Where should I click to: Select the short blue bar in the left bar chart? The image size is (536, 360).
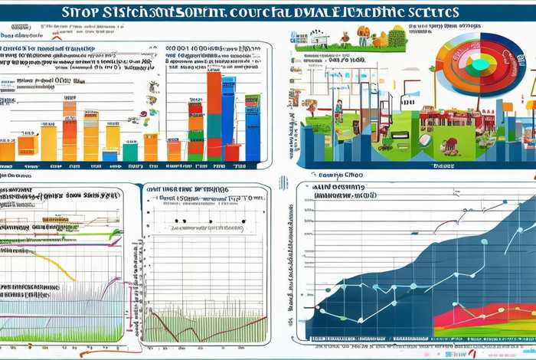(x=110, y=155)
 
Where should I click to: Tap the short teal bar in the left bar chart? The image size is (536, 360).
(x=130, y=152)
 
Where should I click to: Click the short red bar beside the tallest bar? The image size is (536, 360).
(x=232, y=151)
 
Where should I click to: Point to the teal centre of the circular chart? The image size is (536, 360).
(x=479, y=65)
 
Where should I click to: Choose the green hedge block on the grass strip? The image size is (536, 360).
(x=397, y=36)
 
